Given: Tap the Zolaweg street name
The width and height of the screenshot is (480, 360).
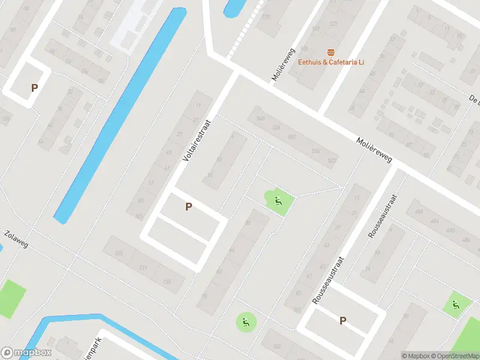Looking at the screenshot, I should click(x=15, y=239).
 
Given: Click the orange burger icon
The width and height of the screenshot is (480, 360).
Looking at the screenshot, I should click(x=331, y=52).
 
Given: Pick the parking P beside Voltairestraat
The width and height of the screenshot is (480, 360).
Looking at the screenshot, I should click(x=188, y=207).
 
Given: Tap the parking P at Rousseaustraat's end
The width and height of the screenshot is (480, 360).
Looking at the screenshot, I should click(x=343, y=321).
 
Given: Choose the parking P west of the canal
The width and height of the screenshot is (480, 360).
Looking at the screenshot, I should click(x=34, y=88).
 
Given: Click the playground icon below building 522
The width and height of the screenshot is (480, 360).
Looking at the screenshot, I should click(x=278, y=201).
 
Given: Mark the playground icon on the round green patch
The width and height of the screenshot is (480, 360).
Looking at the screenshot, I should click(x=245, y=322).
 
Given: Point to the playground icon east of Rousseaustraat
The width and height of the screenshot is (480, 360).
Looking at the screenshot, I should click(x=455, y=305).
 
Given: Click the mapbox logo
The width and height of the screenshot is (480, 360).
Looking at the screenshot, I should click(x=26, y=353).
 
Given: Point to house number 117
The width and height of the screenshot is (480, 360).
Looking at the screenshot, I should click(x=143, y=268).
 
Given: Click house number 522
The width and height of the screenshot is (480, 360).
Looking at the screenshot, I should click(x=332, y=161).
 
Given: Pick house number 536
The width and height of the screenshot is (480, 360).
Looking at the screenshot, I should click(x=277, y=128).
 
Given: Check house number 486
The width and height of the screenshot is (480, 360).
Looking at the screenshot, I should click(x=466, y=240).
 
